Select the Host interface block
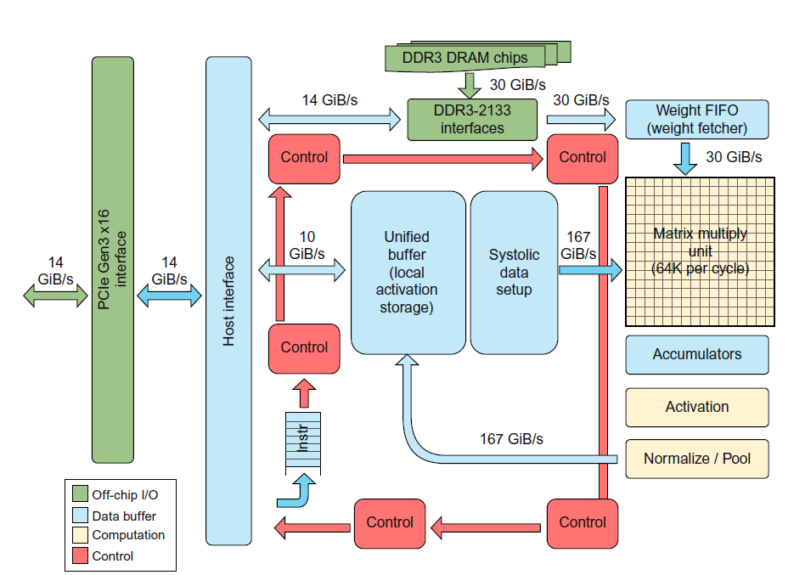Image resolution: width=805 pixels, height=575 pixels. pos(228,301)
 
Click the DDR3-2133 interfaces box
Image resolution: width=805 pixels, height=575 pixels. pos(471,120)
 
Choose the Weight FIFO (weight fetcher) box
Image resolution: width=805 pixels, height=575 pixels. pos(696,120)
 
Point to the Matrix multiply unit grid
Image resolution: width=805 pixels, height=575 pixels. pos(700,251)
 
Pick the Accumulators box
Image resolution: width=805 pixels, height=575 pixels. pos(696,354)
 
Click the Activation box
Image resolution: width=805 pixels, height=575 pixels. pos(696,407)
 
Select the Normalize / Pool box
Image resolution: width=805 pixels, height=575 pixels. pos(696,459)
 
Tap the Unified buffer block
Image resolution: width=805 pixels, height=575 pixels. pos(408,272)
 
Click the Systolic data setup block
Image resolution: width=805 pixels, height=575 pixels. pos(514,272)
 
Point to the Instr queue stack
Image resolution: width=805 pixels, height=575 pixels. pos(303,443)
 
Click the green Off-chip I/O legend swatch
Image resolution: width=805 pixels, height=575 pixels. pos(80,493)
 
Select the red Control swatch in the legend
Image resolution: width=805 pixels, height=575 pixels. pos(80,556)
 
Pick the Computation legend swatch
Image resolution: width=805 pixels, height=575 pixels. pos(80,535)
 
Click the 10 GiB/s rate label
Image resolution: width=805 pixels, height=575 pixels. pos(307,245)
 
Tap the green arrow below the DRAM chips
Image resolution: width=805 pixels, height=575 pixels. pos(470,84)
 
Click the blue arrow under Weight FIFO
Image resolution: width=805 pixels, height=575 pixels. pos(685,158)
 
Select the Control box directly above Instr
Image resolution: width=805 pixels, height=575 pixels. pos(304,347)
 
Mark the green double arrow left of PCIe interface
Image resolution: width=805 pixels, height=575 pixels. pos(55,295)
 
